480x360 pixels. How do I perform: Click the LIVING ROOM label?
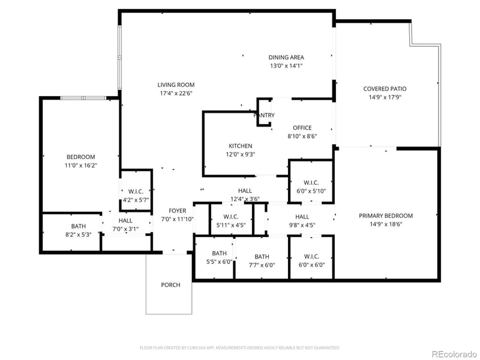pos(176,85)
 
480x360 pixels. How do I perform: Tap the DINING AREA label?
pos(286,58)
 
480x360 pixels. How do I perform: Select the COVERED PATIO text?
pos(389,89)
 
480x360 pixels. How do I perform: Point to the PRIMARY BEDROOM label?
pos(386,216)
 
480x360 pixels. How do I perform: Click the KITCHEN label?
pos(240,146)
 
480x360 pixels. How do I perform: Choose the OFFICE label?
pos(302,128)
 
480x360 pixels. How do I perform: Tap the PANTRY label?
pos(265,115)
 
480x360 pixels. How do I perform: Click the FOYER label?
pos(177,211)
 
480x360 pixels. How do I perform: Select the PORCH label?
pos(170,284)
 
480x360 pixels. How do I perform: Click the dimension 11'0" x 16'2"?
pos(81,165)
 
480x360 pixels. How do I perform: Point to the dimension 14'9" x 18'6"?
pos(386,224)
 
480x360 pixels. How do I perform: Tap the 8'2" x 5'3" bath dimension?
pos(79,235)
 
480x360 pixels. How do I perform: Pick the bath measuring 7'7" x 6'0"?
pos(262,265)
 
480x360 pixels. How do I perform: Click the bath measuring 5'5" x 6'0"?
pos(219,262)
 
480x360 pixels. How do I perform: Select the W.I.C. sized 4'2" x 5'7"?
pos(135,200)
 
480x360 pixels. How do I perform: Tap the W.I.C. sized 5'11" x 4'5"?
pos(231,225)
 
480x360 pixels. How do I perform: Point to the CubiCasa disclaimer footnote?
pos(240,347)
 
